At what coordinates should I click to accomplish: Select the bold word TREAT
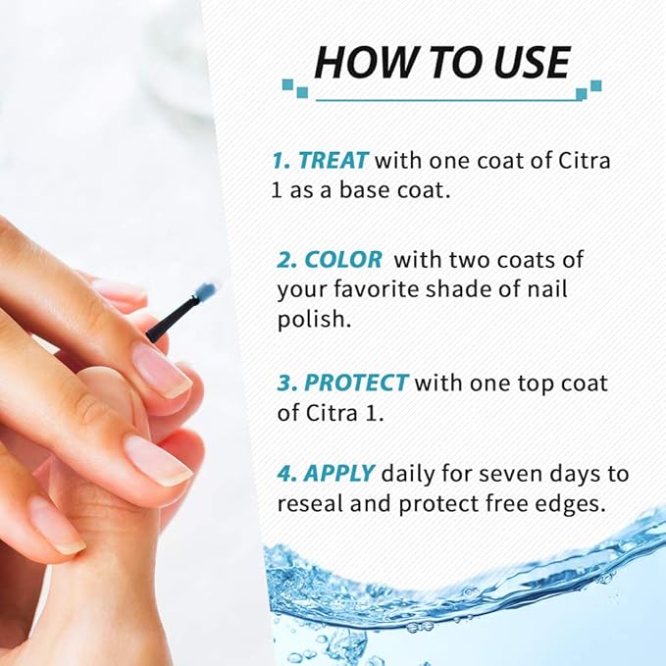coord(333,160)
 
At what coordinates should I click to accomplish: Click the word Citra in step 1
coord(573,160)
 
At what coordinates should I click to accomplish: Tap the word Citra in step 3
coord(323,412)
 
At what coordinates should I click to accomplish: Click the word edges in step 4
coord(572,504)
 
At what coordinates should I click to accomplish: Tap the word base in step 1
coord(367,190)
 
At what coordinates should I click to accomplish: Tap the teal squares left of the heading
coord(293,87)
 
